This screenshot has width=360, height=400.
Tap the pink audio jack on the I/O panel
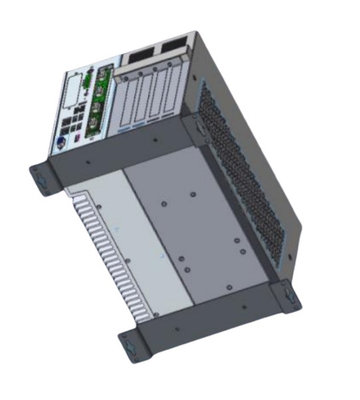point(78,137)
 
